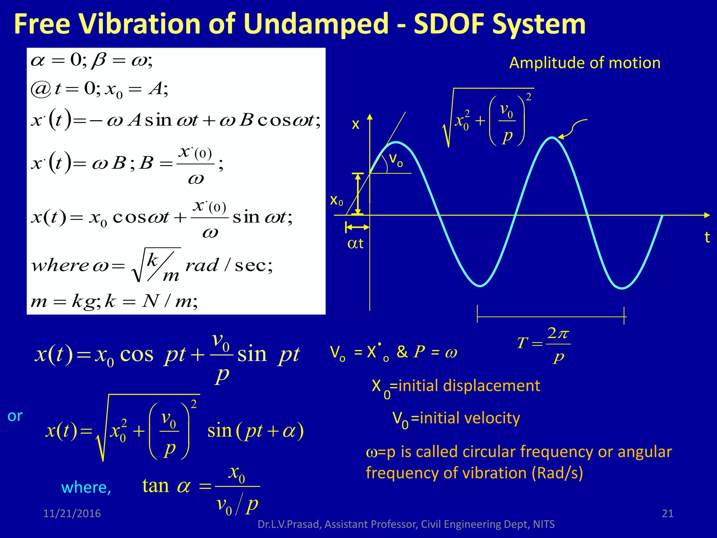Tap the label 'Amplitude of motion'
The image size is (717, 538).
click(x=585, y=63)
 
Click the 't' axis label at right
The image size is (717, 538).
click(x=707, y=237)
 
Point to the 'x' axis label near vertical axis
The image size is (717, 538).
click(x=355, y=124)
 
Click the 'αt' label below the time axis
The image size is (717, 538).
click(x=355, y=243)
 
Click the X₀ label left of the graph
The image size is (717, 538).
click(x=336, y=200)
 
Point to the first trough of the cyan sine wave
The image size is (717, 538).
click(x=480, y=285)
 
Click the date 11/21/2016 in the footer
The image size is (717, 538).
click(x=72, y=513)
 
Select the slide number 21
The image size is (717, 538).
click(x=668, y=513)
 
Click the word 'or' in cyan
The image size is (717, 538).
click(x=15, y=416)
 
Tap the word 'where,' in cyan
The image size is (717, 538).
click(x=86, y=488)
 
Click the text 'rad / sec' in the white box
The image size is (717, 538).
click(x=228, y=265)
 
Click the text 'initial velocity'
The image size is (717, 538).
click(x=469, y=418)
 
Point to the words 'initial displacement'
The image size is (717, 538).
click(x=469, y=386)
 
